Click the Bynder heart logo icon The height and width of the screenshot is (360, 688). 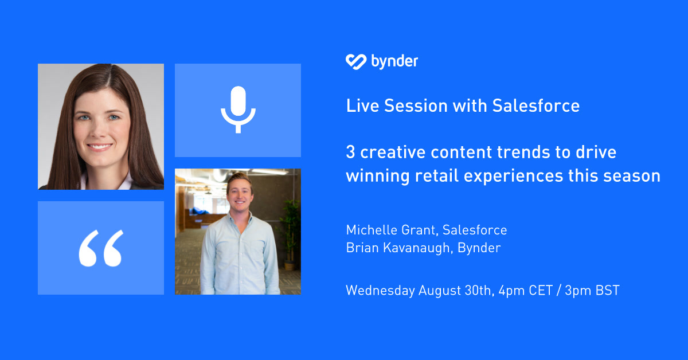[355, 61]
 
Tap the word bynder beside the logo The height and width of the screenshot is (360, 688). [394, 61]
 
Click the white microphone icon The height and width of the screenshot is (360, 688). [237, 109]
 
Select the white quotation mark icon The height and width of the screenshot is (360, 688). [101, 248]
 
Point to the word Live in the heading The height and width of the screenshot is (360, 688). [362, 106]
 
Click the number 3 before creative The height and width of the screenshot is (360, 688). [350, 153]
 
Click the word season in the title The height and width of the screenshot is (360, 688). [635, 175]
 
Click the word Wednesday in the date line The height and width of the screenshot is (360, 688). [380, 291]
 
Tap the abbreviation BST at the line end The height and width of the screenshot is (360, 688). [607, 291]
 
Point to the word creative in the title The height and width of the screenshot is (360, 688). [390, 153]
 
